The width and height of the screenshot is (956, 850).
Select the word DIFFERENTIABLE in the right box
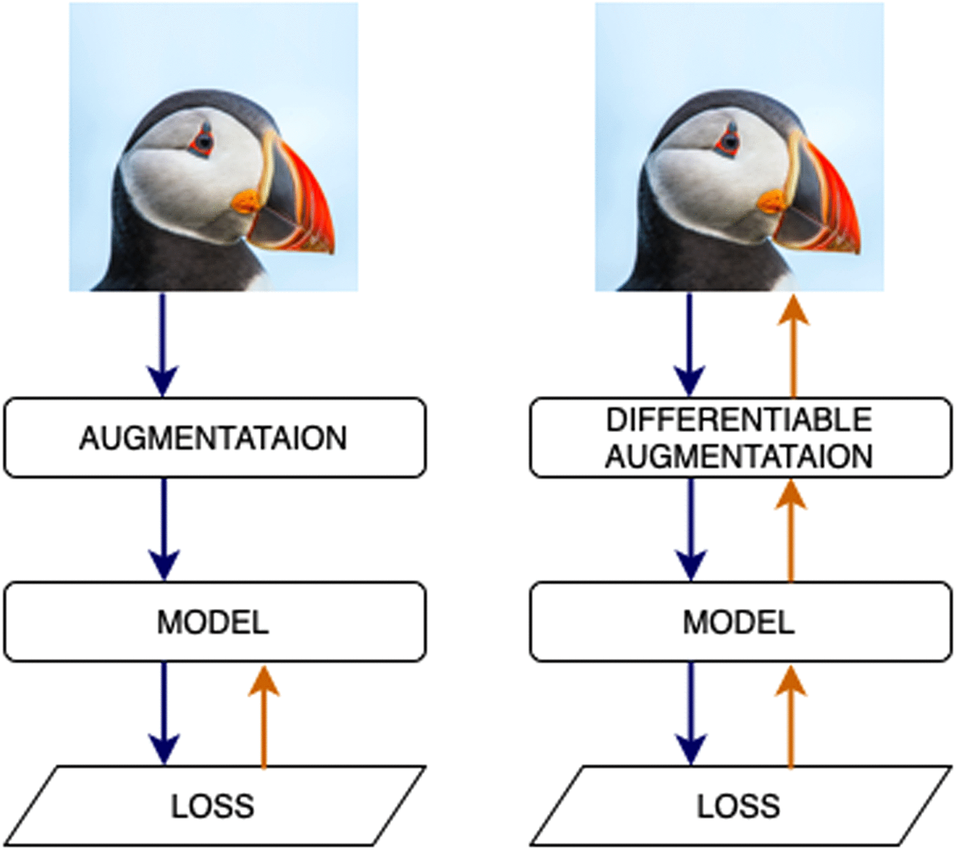[739, 420]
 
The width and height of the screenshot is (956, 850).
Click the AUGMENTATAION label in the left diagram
[213, 438]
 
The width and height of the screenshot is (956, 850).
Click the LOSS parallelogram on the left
[213, 806]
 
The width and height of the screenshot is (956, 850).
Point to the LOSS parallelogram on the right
[739, 806]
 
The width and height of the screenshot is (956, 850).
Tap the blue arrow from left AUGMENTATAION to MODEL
[164, 529]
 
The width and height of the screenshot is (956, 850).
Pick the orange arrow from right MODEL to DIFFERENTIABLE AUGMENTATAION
[791, 531]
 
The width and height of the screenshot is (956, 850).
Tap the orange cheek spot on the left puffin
[245, 202]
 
